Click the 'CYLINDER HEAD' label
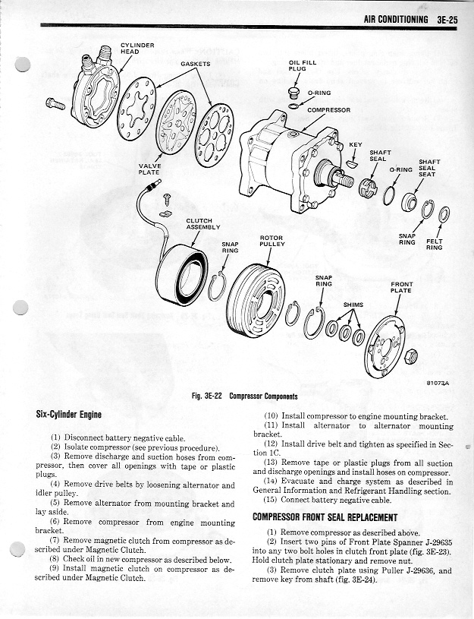(137, 48)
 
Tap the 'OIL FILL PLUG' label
(297, 65)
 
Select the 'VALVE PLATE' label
(149, 169)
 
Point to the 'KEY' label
(355, 144)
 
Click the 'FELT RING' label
(435, 245)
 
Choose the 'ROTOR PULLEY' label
(272, 241)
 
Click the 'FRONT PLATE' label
(400, 287)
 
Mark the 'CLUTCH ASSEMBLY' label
(202, 224)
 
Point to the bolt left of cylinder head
(55, 103)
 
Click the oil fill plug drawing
(295, 93)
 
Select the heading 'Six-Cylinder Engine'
(69, 415)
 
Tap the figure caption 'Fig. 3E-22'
(210, 396)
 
